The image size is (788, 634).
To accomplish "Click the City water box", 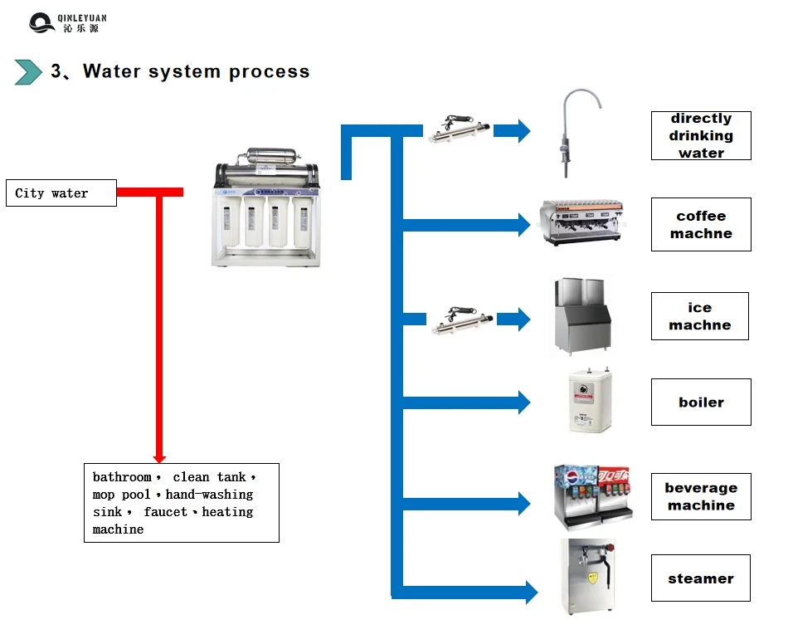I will click(61, 193).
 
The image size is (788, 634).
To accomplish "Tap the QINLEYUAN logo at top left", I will click(67, 22).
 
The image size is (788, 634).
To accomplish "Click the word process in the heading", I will click(269, 71).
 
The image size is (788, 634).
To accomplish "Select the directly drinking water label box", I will click(701, 135).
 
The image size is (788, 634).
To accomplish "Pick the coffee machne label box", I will click(701, 225).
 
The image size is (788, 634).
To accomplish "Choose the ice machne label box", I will click(699, 316).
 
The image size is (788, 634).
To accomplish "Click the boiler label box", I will click(701, 402).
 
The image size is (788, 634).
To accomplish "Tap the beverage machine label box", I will click(701, 496).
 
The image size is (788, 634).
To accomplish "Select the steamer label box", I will click(701, 578).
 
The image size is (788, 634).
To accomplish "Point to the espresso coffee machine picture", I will click(581, 222).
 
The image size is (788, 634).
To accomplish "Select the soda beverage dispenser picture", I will click(592, 495).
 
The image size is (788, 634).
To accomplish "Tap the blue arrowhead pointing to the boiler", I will click(523, 403).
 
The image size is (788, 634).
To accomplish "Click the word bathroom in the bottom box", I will click(122, 477).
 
